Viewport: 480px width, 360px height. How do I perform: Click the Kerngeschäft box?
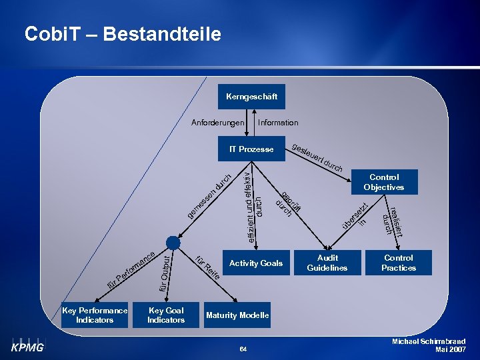pyautogui.click(x=251, y=97)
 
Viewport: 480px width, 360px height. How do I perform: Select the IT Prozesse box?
pyautogui.click(x=251, y=149)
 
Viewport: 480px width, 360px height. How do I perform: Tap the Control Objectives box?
pyautogui.click(x=384, y=182)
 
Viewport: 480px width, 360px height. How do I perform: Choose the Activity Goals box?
pyautogui.click(x=256, y=263)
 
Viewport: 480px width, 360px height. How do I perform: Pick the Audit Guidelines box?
pyautogui.click(x=327, y=263)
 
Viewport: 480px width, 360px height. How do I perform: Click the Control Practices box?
pyautogui.click(x=399, y=263)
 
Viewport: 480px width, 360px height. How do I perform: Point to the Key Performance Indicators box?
pyautogui.click(x=95, y=315)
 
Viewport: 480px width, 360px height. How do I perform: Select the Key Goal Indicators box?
pyautogui.click(x=166, y=315)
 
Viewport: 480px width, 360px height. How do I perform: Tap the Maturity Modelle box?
pyautogui.click(x=237, y=315)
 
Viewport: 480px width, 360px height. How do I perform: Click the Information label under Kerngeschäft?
pyautogui.click(x=278, y=123)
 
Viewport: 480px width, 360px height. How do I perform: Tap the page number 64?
pyautogui.click(x=243, y=349)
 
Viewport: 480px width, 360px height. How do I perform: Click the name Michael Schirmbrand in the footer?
pyautogui.click(x=429, y=341)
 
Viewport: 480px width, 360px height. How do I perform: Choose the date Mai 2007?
pyautogui.click(x=450, y=349)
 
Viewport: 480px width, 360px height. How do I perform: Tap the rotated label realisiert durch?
pyautogui.click(x=392, y=220)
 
